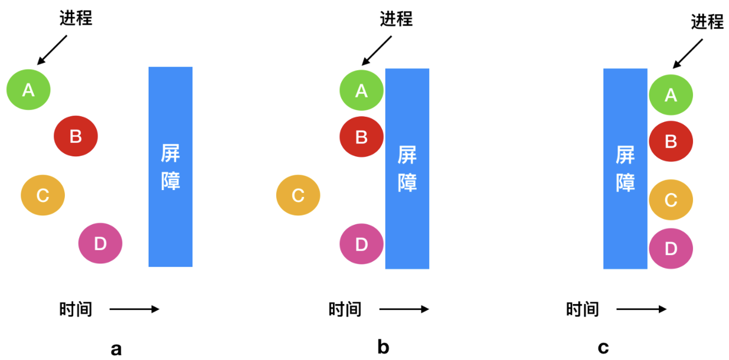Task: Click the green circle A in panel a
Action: click(x=28, y=90)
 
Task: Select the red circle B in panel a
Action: click(x=76, y=136)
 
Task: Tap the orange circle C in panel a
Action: click(x=43, y=195)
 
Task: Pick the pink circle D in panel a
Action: click(x=100, y=243)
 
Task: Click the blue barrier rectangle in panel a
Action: click(x=170, y=166)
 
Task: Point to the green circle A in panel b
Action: click(x=361, y=90)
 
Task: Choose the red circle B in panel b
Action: click(x=361, y=137)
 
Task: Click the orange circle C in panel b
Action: click(x=298, y=195)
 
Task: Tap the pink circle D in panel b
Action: click(x=361, y=244)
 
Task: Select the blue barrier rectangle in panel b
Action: click(x=407, y=168)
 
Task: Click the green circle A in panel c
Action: click(x=671, y=94)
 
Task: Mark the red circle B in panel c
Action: click(x=671, y=142)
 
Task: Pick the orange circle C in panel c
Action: click(x=671, y=200)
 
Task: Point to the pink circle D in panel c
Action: click(x=671, y=249)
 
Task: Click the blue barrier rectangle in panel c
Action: click(x=625, y=168)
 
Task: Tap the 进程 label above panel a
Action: click(x=76, y=18)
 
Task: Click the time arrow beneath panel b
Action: click(x=404, y=309)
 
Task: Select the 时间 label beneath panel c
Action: click(x=583, y=309)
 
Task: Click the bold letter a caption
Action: click(x=116, y=349)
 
